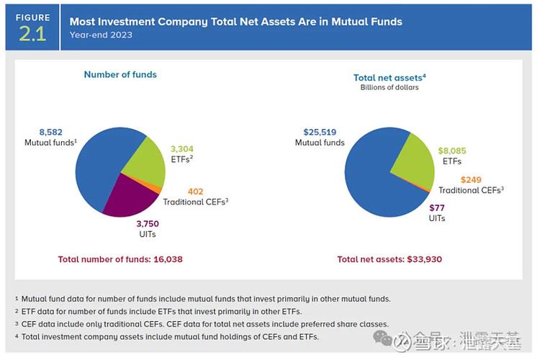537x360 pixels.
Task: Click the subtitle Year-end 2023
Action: click(101, 35)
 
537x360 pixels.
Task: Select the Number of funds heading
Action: click(120, 74)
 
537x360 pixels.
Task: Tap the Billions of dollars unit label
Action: click(389, 88)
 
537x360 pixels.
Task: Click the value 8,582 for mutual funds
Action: click(51, 132)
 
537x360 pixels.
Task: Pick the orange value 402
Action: click(196, 191)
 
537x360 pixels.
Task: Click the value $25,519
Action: click(319, 132)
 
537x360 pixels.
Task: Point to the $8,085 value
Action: click(452, 151)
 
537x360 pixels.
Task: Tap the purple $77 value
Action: click(437, 207)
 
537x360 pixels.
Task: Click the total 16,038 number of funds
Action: click(172, 258)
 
